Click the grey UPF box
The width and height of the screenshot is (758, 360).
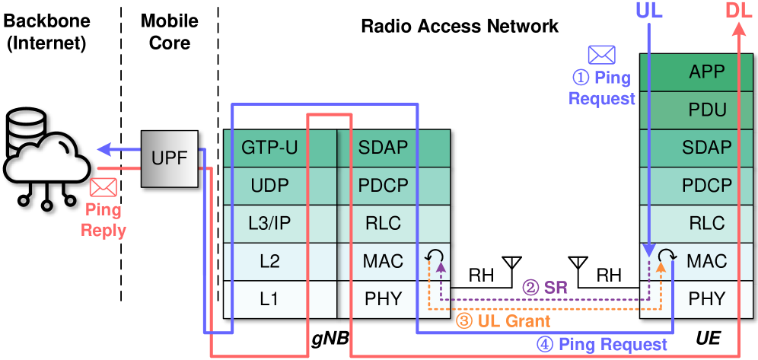coord(169,158)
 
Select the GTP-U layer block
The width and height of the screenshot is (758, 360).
coord(269,148)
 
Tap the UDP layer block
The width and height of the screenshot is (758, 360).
coord(269,186)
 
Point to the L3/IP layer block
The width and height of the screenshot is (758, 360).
coord(269,224)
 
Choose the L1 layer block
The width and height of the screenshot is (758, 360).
coord(269,299)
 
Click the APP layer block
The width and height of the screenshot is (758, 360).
coord(706,72)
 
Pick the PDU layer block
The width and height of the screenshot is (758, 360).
coord(706,110)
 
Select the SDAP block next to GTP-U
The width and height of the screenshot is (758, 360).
coord(384,148)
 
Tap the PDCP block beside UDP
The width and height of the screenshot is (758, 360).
coord(384,186)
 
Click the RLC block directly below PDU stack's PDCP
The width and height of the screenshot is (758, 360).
coord(706,224)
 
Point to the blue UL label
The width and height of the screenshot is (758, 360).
coord(649,11)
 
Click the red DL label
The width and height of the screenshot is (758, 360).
coord(739,11)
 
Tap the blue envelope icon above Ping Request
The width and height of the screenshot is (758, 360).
coord(601,55)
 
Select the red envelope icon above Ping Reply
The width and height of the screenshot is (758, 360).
coord(103,187)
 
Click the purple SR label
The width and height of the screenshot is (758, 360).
coord(544,287)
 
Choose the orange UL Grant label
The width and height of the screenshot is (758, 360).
coord(503,320)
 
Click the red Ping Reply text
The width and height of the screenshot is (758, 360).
coord(104,220)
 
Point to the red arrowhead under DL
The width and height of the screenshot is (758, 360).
coord(739,30)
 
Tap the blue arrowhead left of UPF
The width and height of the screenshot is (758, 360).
coord(105,149)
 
